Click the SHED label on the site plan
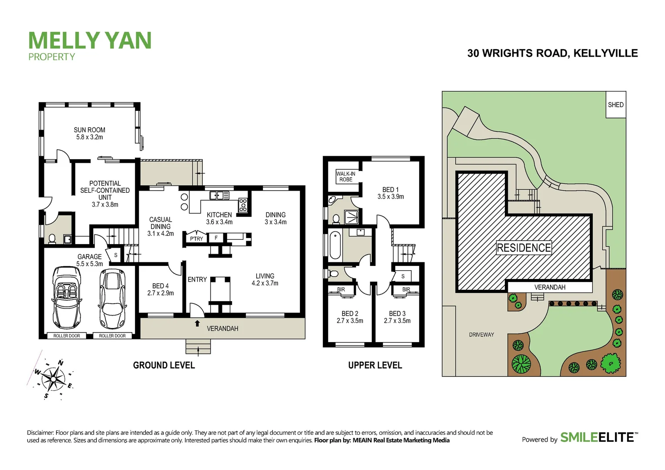click(615, 105)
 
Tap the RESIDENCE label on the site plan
click(524, 248)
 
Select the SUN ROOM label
click(89, 130)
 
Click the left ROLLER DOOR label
click(67, 336)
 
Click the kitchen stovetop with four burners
click(243, 205)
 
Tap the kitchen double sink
click(219, 195)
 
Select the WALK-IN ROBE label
click(346, 177)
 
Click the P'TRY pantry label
click(196, 238)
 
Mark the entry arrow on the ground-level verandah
click(197, 323)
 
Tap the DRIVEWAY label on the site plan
click(481, 335)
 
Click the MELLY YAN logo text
click(90, 40)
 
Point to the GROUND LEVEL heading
click(164, 366)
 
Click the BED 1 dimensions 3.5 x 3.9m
click(390, 197)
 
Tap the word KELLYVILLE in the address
click(605, 53)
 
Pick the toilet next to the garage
click(52, 239)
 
